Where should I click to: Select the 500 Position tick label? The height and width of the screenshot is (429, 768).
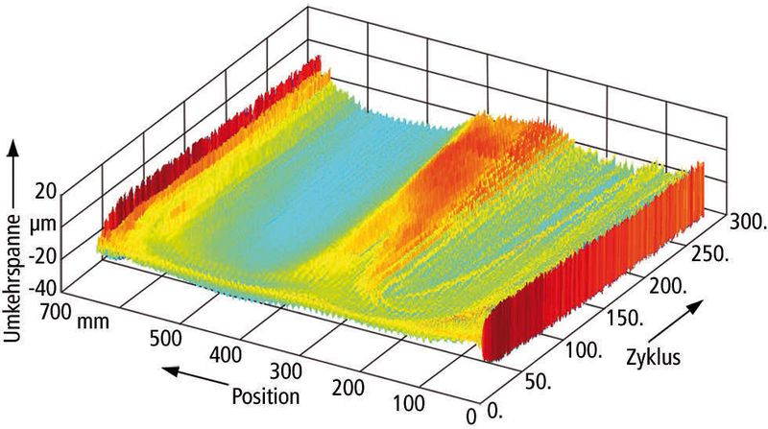point(165,339)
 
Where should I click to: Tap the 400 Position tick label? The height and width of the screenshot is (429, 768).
point(226,354)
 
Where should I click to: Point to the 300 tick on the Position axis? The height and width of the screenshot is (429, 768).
point(286,371)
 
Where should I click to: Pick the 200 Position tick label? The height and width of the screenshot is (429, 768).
point(348,388)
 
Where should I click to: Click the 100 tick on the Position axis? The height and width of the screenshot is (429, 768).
point(409,404)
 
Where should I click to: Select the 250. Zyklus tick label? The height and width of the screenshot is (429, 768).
point(708,254)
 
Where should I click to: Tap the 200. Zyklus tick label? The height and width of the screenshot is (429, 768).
point(666,286)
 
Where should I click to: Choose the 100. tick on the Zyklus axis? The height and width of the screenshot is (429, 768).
point(584,350)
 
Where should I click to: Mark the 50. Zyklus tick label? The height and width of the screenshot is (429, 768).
point(538,383)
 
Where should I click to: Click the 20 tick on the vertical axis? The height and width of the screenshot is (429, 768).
point(45,191)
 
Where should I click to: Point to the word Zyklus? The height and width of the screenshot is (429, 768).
point(654,357)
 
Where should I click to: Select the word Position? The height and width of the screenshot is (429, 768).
point(266,395)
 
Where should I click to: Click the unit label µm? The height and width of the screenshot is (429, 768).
point(45,226)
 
